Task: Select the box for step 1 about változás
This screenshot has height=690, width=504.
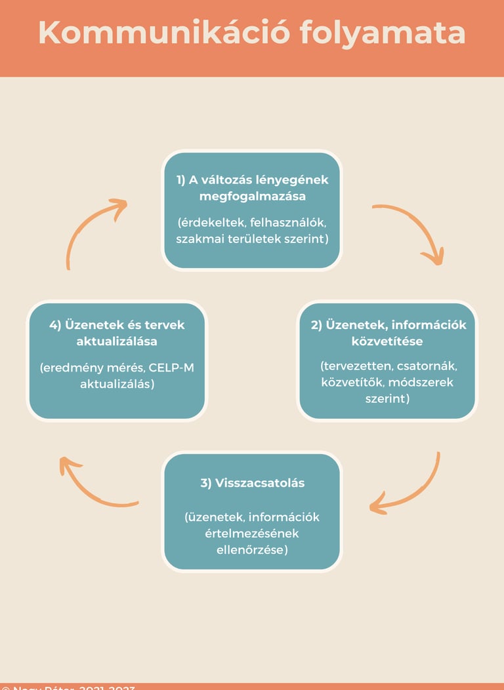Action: click(252, 210)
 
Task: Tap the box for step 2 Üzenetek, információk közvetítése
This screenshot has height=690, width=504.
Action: click(387, 360)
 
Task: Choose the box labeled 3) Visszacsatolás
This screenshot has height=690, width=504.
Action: click(252, 511)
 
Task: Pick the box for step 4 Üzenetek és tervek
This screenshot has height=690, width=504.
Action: click(117, 360)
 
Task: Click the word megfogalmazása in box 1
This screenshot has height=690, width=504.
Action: click(252, 195)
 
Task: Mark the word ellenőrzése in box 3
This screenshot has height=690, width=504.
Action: click(252, 549)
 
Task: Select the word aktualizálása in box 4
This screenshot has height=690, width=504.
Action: click(117, 341)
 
